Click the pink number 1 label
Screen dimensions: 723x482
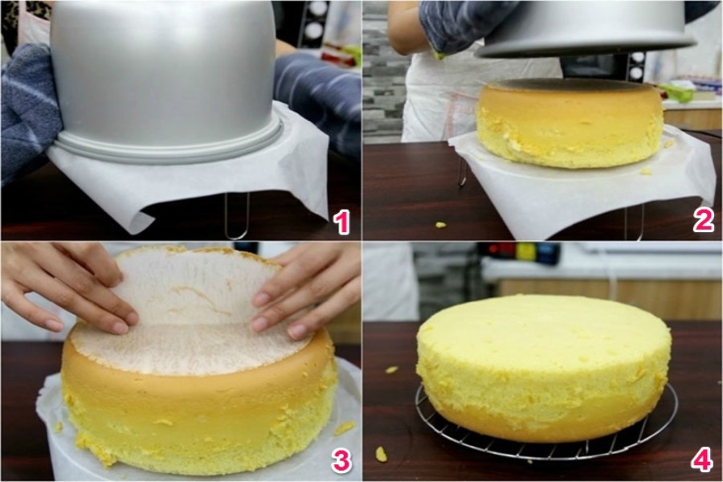coord(341,222)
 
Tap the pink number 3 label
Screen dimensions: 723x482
coord(341,460)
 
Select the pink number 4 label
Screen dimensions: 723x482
coord(702,460)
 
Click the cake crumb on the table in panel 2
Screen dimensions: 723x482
coord(441,225)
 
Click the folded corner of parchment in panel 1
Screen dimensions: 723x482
coord(138,220)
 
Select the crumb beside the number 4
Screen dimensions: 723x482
coord(381,455)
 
